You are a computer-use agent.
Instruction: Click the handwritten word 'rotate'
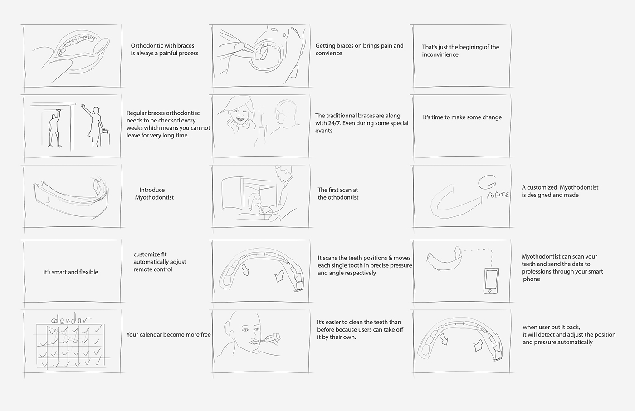coord(498,195)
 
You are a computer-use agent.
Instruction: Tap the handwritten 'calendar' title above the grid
coord(71,319)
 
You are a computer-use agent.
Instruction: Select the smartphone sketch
coord(491,281)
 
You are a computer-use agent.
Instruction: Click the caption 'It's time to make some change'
coord(462,117)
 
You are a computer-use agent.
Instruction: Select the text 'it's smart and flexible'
coord(71,272)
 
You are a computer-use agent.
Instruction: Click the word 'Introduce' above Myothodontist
coord(152,190)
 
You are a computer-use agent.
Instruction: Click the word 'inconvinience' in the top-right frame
coord(440,54)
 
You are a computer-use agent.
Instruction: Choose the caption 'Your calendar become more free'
coord(168,335)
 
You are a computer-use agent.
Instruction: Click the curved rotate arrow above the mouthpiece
coord(487,183)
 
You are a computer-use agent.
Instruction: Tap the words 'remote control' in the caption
coord(153,269)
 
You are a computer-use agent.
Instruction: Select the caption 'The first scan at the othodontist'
coord(338,194)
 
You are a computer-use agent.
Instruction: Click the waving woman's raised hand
coord(83,106)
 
